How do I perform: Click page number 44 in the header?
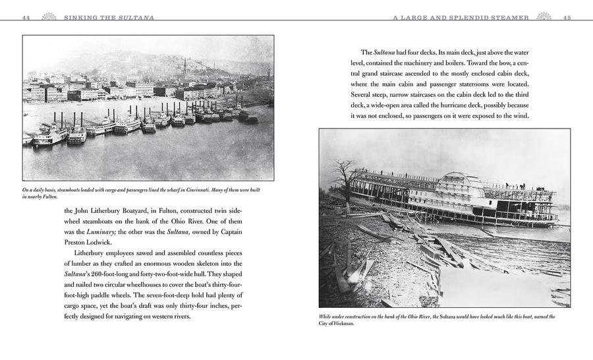[x=26, y=18]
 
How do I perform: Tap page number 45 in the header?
[x=567, y=18]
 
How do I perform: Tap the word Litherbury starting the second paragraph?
[x=96, y=255]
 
